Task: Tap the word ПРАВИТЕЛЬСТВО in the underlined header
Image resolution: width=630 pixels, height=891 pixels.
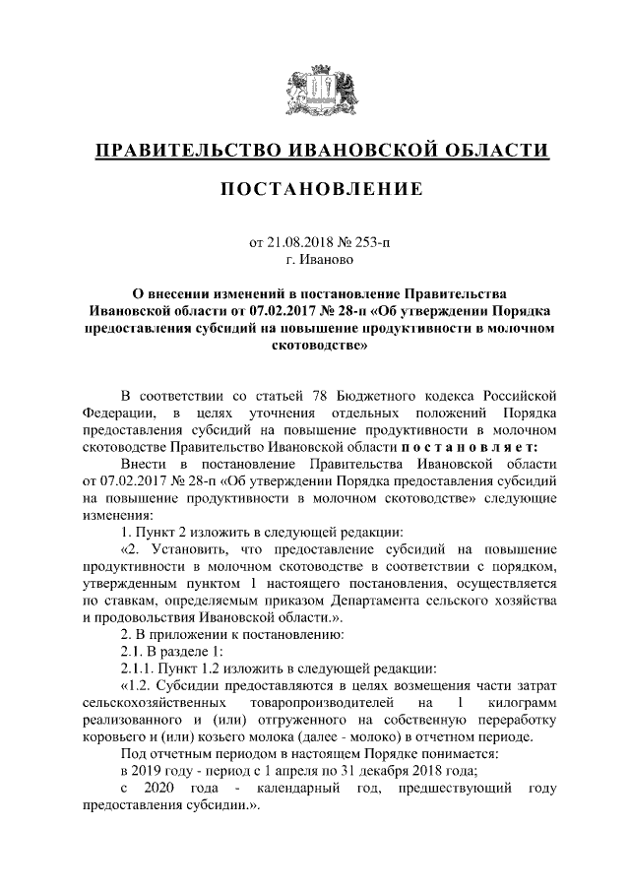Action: (x=187, y=150)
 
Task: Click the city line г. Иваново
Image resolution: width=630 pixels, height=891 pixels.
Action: (x=315, y=261)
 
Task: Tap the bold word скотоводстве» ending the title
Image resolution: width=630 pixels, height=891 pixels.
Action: (x=315, y=346)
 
